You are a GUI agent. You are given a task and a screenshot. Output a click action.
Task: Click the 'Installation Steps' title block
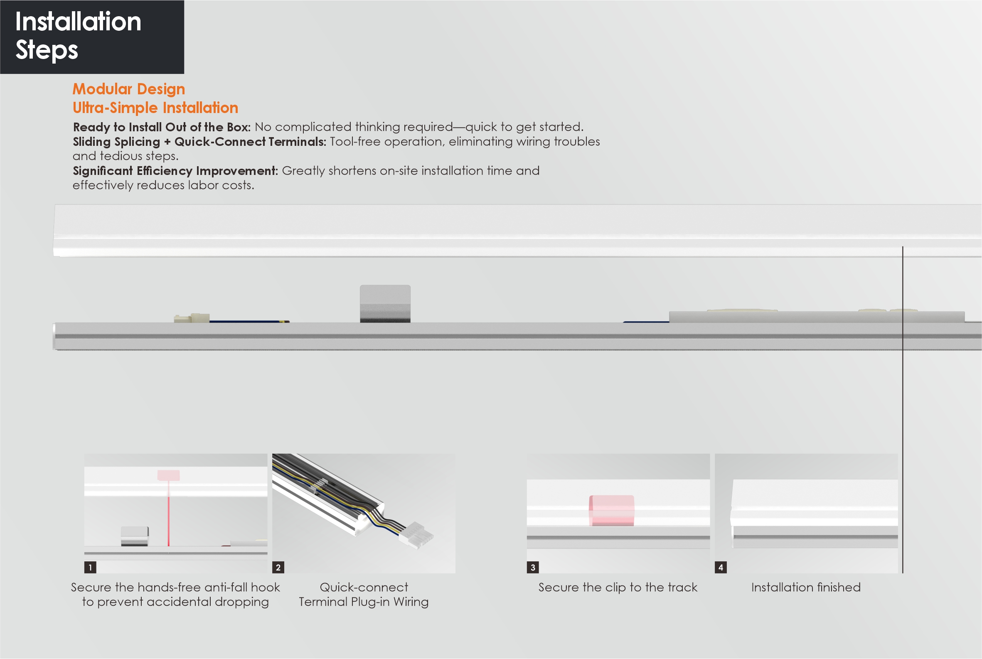point(92,37)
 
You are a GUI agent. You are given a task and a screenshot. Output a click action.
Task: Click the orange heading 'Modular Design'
point(129,89)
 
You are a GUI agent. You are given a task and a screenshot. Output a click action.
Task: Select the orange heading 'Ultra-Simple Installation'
point(155,108)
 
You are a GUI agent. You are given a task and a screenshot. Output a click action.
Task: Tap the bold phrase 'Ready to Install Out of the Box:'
point(162,127)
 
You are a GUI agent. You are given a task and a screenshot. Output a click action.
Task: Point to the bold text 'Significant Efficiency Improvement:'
point(175,171)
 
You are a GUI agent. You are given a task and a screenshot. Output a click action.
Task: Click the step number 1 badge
point(90,567)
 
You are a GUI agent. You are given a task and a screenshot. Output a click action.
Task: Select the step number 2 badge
point(278,567)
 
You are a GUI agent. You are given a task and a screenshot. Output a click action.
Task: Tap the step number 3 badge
point(533,567)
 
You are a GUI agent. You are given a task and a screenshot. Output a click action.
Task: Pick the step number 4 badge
point(721,567)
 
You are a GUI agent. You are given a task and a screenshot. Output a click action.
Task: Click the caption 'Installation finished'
point(806,587)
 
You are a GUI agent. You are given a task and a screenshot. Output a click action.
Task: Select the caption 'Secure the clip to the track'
point(618,587)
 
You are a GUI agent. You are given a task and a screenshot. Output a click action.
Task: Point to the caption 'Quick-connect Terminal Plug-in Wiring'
point(364,594)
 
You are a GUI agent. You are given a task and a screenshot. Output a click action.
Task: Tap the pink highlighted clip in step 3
point(612,511)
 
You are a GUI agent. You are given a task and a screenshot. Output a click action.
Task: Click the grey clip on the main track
point(385,304)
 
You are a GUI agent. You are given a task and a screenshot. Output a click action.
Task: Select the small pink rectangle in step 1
point(169,475)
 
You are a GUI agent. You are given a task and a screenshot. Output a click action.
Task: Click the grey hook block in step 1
point(135,536)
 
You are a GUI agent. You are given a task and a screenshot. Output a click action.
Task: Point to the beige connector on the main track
point(192,318)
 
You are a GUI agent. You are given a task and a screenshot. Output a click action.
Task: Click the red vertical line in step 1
point(169,513)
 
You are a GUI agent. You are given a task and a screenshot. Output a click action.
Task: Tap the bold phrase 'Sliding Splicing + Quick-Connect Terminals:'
point(199,142)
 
